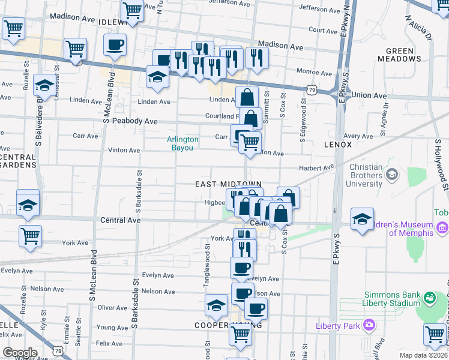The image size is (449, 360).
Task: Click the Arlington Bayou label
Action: click(x=182, y=143)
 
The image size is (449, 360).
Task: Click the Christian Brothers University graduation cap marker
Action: click(x=393, y=175)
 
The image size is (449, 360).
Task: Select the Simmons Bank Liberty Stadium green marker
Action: click(x=429, y=297)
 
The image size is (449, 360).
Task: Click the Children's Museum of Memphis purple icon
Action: click(x=443, y=227)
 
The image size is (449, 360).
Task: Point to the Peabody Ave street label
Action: click(x=137, y=122)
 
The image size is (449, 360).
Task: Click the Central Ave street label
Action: click(x=121, y=221)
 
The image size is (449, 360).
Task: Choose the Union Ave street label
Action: click(x=369, y=95)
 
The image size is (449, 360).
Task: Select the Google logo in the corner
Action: click(x=19, y=352)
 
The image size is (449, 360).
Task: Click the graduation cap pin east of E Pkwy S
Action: click(x=362, y=219)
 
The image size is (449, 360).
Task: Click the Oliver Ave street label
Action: click(x=113, y=308)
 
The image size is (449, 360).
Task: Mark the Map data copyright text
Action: click(x=423, y=355)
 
